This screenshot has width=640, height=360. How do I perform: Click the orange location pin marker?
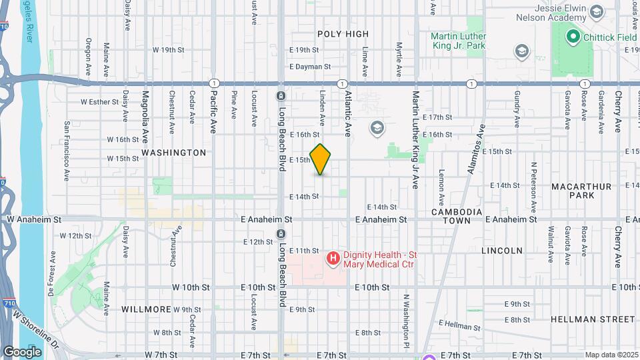click(x=321, y=159)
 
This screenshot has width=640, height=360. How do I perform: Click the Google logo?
click(x=22, y=351)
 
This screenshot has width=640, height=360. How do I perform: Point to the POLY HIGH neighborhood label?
click(x=343, y=34)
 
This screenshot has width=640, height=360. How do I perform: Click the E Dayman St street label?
click(x=310, y=67)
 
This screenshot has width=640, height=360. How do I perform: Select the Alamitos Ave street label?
click(x=477, y=153)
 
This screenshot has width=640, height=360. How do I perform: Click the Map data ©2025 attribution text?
click(x=611, y=355)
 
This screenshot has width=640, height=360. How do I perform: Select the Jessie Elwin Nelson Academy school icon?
click(x=597, y=11)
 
